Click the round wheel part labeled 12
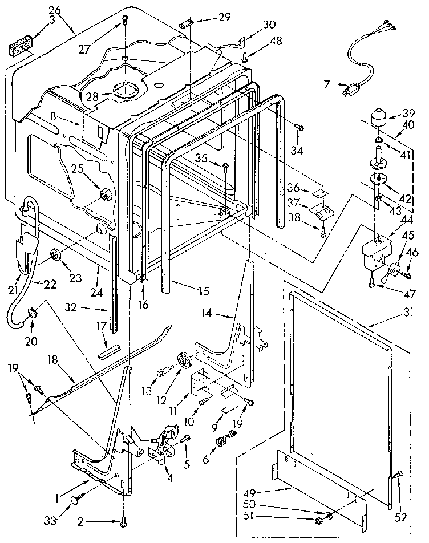[x=184, y=361]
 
